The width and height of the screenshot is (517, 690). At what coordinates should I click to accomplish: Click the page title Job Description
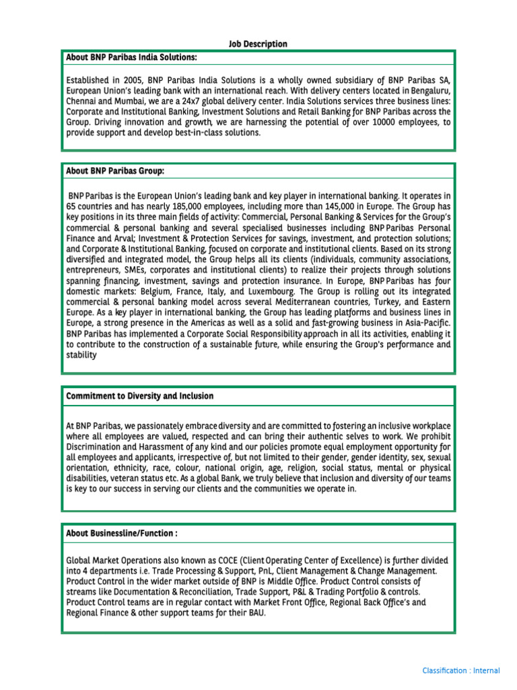(x=258, y=44)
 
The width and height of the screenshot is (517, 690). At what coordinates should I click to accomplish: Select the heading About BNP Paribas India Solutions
(x=131, y=58)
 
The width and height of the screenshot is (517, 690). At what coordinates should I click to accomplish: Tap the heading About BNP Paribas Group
(x=115, y=170)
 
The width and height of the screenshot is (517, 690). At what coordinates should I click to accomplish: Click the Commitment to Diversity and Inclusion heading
(x=140, y=396)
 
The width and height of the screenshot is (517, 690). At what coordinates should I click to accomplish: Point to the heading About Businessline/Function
(x=122, y=533)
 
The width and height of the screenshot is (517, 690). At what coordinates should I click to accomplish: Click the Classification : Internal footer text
(x=461, y=670)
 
